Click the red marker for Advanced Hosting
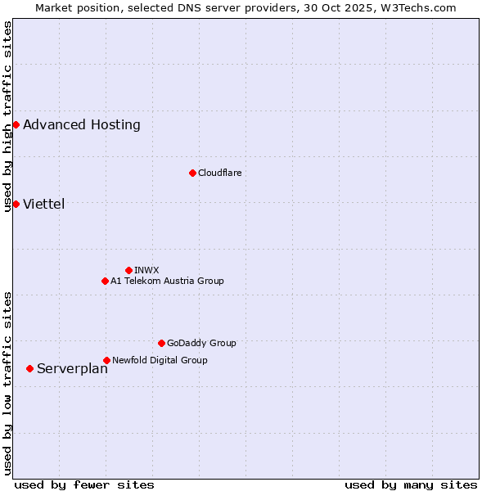16,124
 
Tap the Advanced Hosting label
82,125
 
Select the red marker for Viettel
16,204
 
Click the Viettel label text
44,205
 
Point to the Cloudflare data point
192,173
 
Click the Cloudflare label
219,173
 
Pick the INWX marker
128,270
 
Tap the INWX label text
146,271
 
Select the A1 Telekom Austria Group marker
105,281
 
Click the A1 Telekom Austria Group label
167,282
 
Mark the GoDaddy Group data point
161,343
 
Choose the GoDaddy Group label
201,344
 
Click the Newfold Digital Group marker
106,360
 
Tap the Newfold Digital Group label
160,361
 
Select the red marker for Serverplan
29,368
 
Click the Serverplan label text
72,369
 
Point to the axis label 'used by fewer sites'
84,484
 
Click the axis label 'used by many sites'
411,484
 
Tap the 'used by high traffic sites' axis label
7,117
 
